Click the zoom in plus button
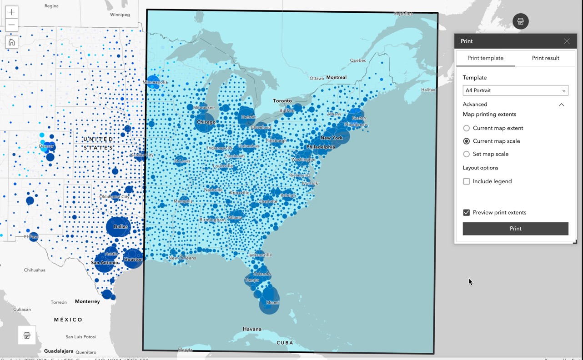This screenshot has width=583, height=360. [11, 12]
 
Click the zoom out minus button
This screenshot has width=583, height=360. [11, 25]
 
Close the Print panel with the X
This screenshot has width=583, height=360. [566, 41]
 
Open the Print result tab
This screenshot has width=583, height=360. [545, 58]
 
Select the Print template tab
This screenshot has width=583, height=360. [485, 58]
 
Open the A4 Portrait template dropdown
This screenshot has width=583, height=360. [515, 90]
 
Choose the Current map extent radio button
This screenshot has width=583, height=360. [467, 128]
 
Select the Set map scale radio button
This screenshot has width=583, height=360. [467, 154]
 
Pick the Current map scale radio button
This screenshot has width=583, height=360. [467, 141]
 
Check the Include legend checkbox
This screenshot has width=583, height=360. [467, 181]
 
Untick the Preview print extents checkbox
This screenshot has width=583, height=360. [467, 213]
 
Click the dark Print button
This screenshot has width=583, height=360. [515, 229]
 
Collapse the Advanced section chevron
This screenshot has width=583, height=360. [561, 105]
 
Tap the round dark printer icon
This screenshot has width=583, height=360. [520, 21]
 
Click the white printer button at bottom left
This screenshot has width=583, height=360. [27, 335]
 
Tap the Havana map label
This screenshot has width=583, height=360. [252, 329]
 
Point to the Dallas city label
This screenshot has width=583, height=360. [121, 226]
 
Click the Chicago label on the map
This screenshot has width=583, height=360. [206, 122]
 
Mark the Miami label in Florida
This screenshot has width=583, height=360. [272, 302]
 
